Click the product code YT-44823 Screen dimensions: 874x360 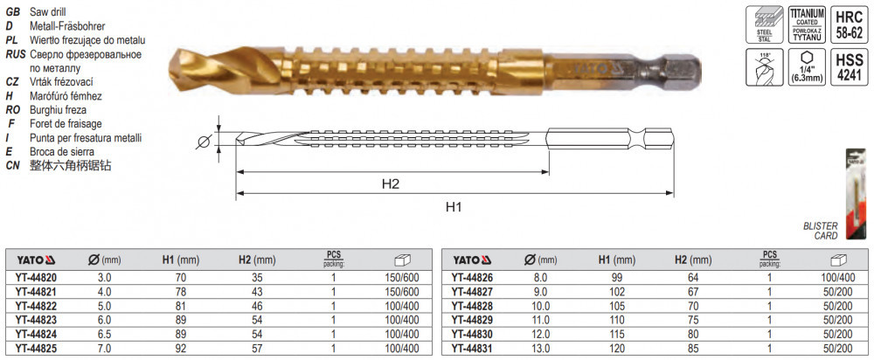pyautogui.click(x=36, y=319)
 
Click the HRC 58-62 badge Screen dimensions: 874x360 pyautogui.click(x=849, y=24)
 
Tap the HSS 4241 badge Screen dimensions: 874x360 pyautogui.click(x=849, y=67)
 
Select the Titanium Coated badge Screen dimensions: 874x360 pyautogui.click(x=806, y=24)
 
